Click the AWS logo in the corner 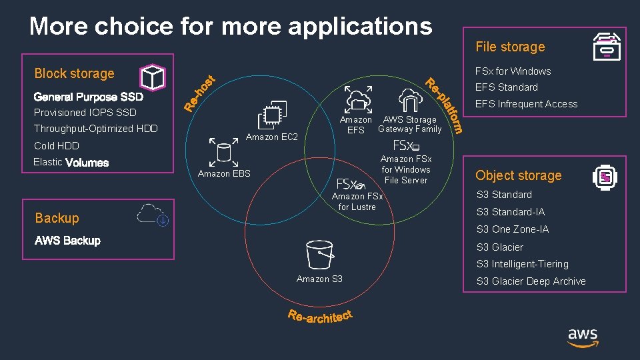click(x=583, y=337)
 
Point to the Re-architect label click(x=320, y=316)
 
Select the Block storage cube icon click(x=153, y=77)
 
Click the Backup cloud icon click(x=153, y=214)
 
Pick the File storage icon click(x=607, y=47)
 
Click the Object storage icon click(x=605, y=177)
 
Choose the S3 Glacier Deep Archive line click(x=531, y=281)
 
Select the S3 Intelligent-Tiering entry click(x=522, y=264)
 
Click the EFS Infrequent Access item click(x=526, y=103)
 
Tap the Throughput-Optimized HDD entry click(x=96, y=129)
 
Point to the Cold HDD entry click(x=57, y=145)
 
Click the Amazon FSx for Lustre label click(x=357, y=201)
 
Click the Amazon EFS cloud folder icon click(x=359, y=99)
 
